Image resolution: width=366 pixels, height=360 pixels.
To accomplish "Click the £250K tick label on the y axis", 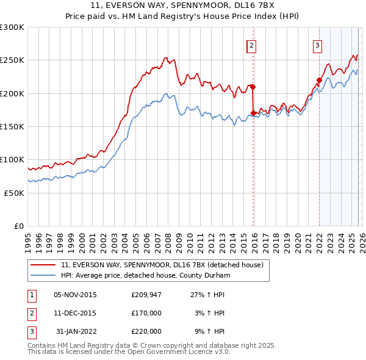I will [x=12, y=60].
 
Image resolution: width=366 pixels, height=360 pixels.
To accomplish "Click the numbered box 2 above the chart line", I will [x=251, y=45].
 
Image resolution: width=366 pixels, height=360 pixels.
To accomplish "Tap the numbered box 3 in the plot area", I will [x=318, y=45].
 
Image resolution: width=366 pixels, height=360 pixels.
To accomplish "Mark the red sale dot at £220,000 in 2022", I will [x=319, y=80].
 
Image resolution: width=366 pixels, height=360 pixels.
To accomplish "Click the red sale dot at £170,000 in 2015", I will [x=253, y=113].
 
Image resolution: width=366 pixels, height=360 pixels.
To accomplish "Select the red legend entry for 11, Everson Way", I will [x=162, y=265].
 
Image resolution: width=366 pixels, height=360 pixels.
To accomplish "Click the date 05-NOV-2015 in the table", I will [x=75, y=294].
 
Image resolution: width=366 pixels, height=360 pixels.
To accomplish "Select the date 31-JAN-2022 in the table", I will [x=75, y=331].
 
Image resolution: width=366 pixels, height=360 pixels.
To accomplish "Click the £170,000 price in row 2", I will [x=146, y=312].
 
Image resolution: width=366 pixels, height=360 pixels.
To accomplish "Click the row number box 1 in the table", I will [x=30, y=294].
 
